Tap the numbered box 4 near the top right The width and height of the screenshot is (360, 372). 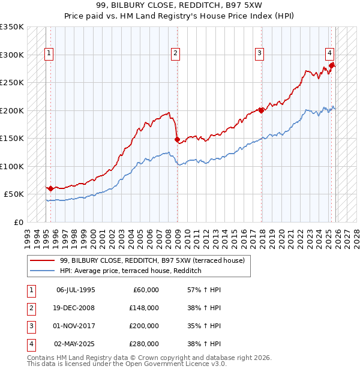[x=330, y=53]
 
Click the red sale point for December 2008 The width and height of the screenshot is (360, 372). [x=177, y=139]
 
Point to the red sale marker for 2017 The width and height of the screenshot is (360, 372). [x=261, y=110]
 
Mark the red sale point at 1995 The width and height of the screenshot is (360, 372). [x=50, y=188]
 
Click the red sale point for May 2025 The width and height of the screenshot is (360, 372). [x=332, y=65]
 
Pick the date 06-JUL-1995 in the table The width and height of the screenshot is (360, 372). [x=76, y=290]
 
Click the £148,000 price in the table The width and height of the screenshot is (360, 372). [x=145, y=308]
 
